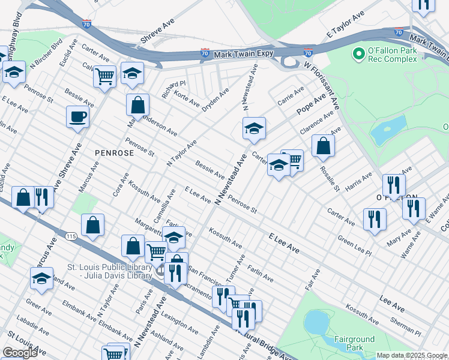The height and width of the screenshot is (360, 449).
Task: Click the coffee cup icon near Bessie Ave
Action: [77, 116]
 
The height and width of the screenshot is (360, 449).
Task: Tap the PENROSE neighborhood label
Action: [114, 153]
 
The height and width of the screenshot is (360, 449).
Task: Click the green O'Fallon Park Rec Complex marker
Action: [359, 54]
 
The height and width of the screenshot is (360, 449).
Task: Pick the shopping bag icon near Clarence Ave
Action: [323, 145]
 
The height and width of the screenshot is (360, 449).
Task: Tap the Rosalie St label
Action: [332, 180]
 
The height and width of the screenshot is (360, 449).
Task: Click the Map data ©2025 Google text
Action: [411, 355]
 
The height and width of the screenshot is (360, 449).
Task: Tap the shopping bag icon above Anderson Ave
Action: [137, 104]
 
